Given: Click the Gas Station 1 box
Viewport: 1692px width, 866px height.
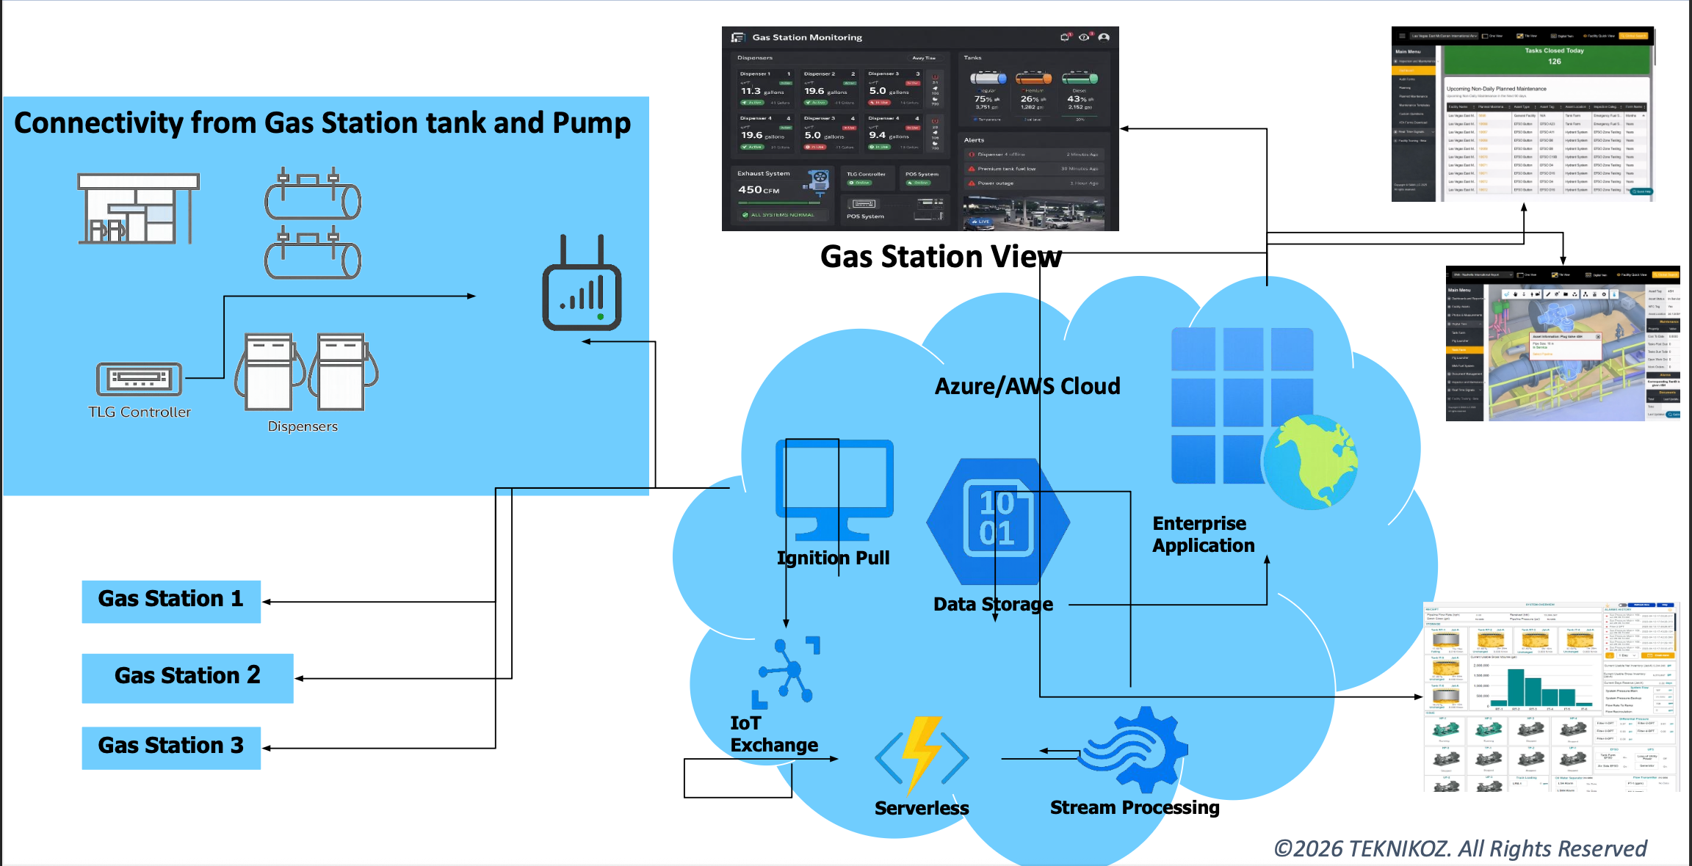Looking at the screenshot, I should click(x=170, y=600).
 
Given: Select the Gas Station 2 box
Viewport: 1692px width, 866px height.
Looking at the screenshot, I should click(x=187, y=677).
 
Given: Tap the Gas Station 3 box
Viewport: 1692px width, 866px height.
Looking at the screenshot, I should click(x=170, y=746).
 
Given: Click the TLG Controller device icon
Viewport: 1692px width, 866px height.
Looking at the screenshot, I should click(x=139, y=379).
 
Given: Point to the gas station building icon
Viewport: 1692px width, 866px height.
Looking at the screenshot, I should click(x=138, y=209).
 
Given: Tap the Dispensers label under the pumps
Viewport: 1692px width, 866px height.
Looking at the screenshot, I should click(x=303, y=426).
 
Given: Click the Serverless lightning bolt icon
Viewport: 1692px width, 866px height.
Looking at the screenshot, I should click(x=922, y=756).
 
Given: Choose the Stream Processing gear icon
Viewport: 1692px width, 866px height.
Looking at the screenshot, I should click(x=1135, y=749).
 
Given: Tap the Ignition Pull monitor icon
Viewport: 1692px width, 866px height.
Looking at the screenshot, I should click(x=834, y=488).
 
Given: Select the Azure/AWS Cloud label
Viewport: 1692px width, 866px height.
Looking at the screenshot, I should click(x=1027, y=386).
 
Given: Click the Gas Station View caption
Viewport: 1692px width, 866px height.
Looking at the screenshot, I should click(x=940, y=257).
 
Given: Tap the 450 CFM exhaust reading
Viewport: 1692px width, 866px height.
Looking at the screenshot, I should click(x=759, y=190).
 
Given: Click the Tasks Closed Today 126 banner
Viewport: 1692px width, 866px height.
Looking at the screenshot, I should click(x=1554, y=56).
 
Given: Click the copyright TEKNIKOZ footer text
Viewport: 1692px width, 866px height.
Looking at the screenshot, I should click(x=1460, y=848).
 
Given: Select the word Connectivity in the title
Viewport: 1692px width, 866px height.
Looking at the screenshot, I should click(x=98, y=123).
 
